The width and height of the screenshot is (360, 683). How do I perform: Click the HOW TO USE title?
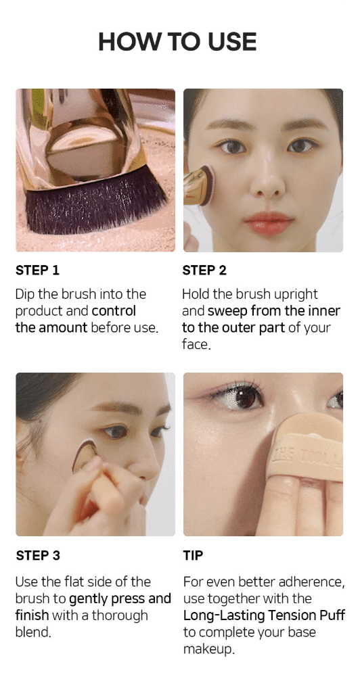click(x=177, y=42)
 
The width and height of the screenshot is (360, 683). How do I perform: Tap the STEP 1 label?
click(x=37, y=270)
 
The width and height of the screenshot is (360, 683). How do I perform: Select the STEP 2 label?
click(x=204, y=270)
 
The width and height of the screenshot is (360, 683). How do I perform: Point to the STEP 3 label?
click(x=38, y=555)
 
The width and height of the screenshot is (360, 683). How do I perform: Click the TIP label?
click(x=193, y=555)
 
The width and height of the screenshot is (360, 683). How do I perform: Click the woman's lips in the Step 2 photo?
click(x=269, y=223)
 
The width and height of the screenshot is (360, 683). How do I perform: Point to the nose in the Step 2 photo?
click(x=267, y=179)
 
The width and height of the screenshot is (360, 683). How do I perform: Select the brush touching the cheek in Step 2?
click(x=200, y=185)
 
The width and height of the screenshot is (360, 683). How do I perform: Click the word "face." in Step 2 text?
click(x=196, y=345)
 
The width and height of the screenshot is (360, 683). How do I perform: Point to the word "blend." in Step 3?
click(x=33, y=632)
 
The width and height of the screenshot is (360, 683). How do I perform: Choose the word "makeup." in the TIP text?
click(x=209, y=649)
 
